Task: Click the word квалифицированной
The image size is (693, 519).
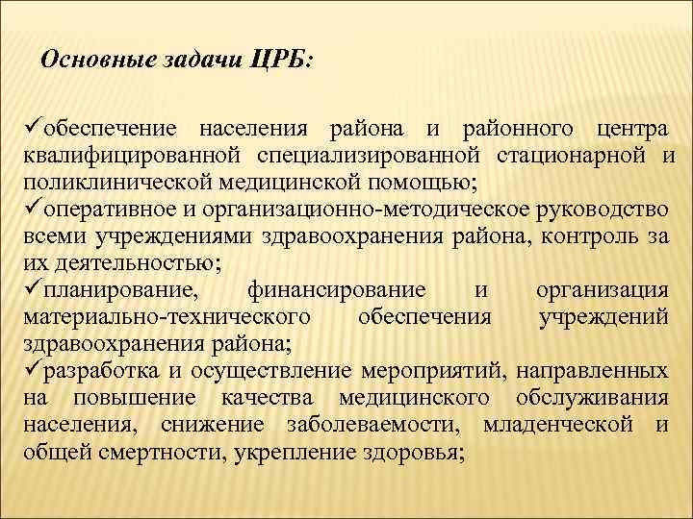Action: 133,156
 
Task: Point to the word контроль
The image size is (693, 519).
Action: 584,236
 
